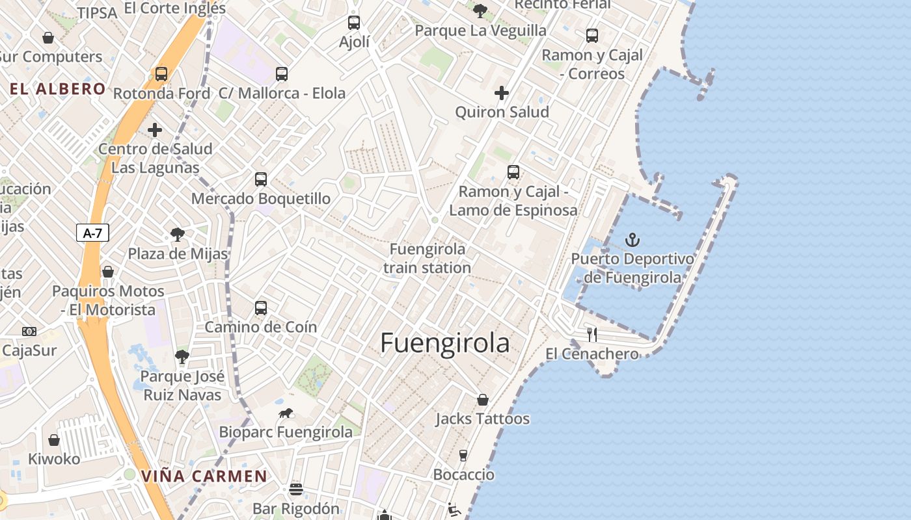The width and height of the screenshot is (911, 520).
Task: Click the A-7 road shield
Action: click(92, 233)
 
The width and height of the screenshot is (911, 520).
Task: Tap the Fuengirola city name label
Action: click(444, 343)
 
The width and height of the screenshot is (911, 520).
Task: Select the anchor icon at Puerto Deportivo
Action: click(632, 240)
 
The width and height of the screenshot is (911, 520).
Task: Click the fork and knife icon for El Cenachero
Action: click(591, 335)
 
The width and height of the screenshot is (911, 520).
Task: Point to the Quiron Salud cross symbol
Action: click(501, 93)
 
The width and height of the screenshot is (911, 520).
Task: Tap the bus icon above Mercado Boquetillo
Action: click(261, 179)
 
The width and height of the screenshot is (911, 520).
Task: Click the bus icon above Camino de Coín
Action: click(261, 308)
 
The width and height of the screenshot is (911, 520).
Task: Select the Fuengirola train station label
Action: click(428, 258)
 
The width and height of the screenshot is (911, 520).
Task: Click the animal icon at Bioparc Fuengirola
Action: click(285, 413)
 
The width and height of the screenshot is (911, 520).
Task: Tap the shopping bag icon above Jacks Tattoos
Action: click(482, 400)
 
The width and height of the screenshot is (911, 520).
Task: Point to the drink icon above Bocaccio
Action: click(463, 455)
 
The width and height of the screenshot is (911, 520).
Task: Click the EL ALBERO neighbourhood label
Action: click(58, 89)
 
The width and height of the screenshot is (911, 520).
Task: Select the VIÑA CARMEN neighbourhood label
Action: click(204, 476)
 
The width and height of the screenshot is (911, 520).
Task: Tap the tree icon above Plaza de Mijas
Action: click(177, 235)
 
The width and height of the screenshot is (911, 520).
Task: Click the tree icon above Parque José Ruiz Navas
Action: click(182, 357)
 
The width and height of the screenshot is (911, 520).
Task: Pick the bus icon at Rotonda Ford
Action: click(161, 74)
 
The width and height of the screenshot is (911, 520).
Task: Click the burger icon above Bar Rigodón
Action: click(296, 489)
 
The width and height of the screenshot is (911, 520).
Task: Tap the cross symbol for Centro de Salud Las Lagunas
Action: click(155, 130)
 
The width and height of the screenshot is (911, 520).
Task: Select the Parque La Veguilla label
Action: click(480, 31)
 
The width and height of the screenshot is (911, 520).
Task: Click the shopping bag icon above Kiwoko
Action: click(54, 440)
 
